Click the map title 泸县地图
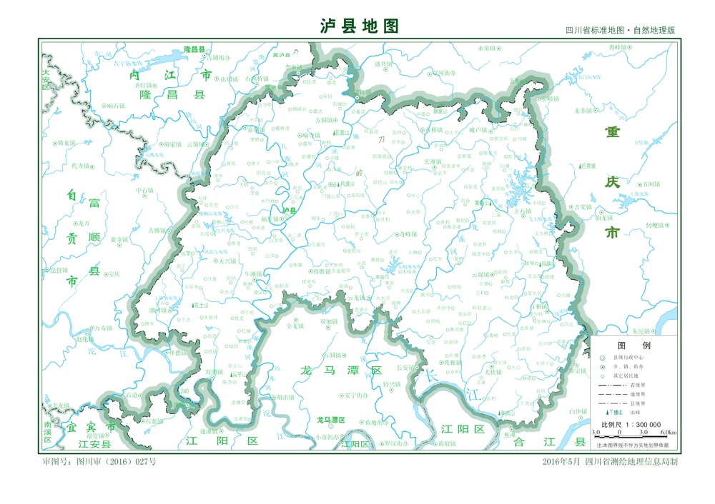tap(358, 26)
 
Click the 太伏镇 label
tap(488, 372)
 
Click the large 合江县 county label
tap(543, 443)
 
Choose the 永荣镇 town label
tap(485, 48)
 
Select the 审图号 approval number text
tap(99, 462)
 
